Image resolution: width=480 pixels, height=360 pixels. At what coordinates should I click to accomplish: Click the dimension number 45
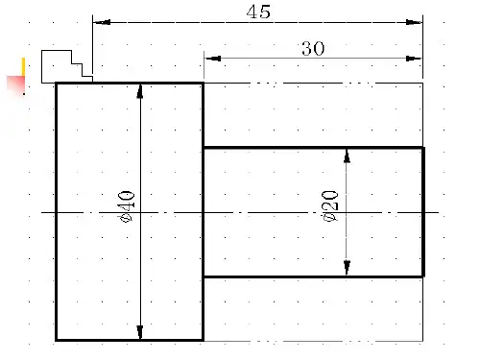[258, 12]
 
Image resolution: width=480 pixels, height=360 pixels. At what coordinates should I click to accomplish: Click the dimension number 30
[313, 49]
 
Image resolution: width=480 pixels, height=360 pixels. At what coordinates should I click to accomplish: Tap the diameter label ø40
[127, 206]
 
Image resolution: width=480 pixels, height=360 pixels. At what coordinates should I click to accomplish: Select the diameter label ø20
[330, 205]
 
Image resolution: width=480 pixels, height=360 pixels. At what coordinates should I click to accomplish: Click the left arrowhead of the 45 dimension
[102, 22]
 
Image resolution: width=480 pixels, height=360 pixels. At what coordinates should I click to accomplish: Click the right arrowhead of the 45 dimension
[414, 22]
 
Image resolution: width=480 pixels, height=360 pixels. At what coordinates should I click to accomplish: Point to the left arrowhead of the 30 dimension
[212, 59]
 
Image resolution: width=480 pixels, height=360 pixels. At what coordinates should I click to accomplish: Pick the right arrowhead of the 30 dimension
[414, 59]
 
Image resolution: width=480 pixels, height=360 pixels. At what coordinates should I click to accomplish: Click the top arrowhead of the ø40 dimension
[140, 91]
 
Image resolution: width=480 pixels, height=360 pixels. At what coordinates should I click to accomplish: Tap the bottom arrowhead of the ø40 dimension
[140, 332]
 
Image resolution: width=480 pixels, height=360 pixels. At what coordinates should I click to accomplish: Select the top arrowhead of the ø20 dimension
[347, 156]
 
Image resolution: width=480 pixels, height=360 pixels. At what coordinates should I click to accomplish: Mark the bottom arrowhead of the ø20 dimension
[347, 268]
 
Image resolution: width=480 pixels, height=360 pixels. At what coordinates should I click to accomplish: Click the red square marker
[15, 85]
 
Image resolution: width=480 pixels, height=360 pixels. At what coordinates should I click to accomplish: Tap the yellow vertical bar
[23, 67]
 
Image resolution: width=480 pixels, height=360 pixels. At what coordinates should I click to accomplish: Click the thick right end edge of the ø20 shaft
[423, 212]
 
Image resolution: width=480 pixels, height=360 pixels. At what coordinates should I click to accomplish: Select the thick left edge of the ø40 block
[57, 211]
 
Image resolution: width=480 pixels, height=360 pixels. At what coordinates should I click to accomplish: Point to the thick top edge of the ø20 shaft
[314, 148]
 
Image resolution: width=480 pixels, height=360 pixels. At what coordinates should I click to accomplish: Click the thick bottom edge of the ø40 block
[130, 340]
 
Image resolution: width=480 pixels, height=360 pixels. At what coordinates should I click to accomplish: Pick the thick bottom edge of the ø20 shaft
[314, 276]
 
